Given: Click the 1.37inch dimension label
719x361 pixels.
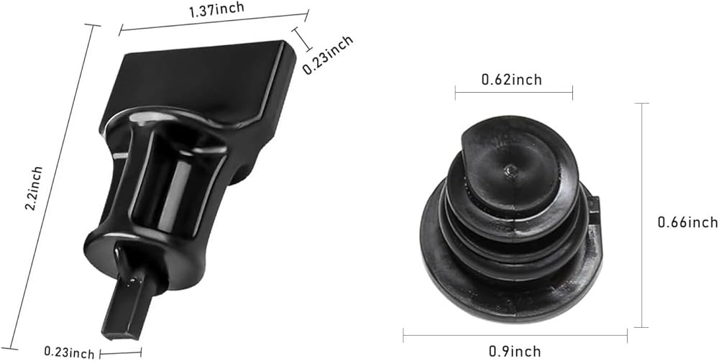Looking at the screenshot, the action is [x=217, y=9].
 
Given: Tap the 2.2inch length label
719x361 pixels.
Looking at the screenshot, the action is [x=34, y=188].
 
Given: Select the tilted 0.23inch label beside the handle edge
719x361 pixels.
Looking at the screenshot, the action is [x=328, y=55].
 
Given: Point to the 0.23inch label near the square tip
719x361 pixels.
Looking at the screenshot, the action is [x=69, y=353].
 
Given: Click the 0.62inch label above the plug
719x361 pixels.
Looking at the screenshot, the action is [x=511, y=79].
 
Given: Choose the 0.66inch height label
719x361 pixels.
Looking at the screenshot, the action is [x=688, y=222].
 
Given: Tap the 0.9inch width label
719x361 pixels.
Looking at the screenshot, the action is [x=515, y=352].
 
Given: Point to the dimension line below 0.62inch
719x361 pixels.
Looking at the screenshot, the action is [x=513, y=93].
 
